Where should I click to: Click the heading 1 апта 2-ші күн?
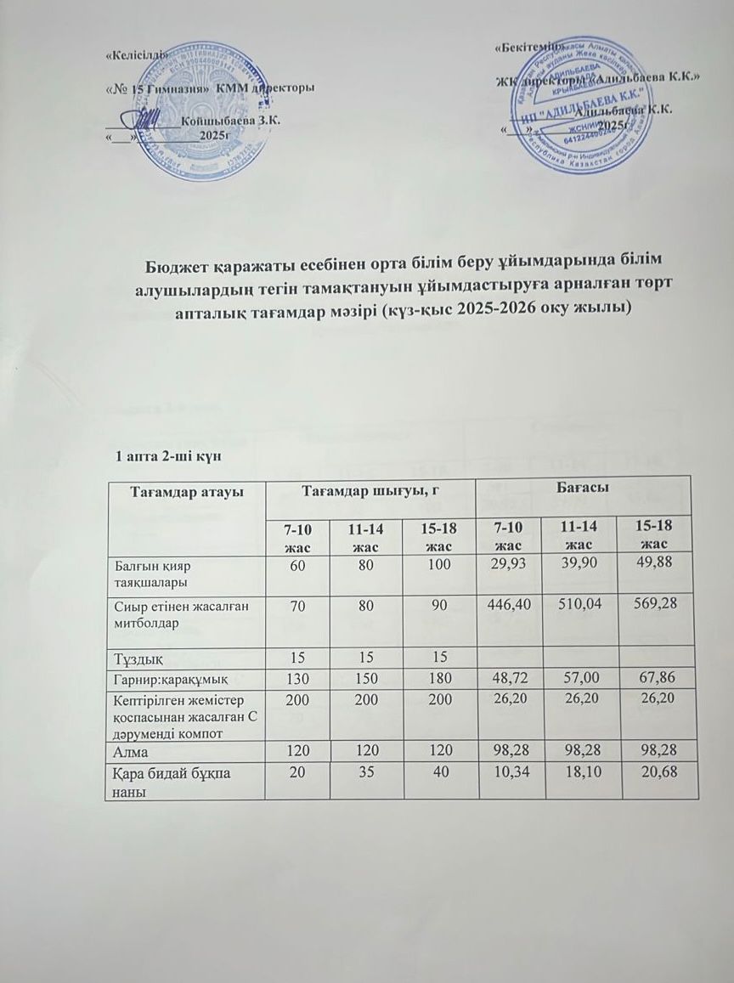(x=168, y=457)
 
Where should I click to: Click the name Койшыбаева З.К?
(x=242, y=121)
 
